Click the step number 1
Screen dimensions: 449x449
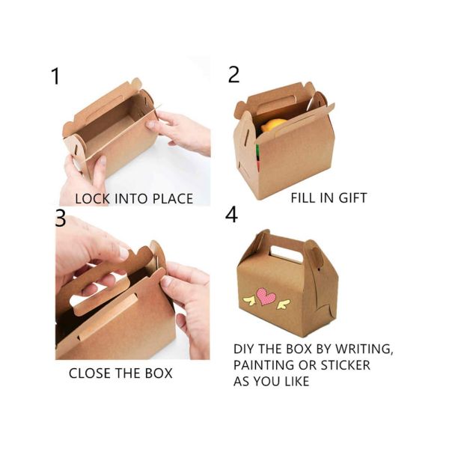pos(54,76)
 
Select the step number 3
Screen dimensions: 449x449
pos(61,218)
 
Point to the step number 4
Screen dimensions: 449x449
pos(232,215)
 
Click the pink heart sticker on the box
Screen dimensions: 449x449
pos(266,296)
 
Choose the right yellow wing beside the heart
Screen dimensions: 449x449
pos(282,304)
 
